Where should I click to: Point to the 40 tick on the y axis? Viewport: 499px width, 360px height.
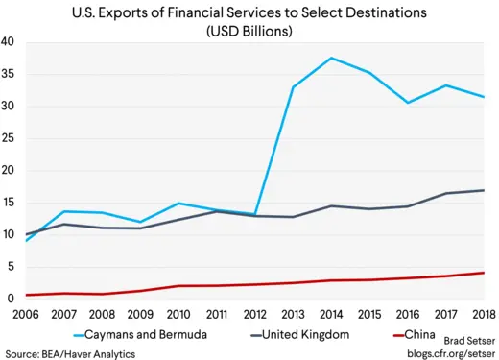point(8,42)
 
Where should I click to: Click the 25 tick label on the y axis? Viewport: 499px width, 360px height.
point(8,138)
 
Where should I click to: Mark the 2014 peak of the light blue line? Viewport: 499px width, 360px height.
point(332,59)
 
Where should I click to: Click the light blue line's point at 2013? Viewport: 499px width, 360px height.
point(294,87)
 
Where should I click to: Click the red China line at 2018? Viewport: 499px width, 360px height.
point(483,273)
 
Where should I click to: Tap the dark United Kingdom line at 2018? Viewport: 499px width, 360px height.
point(483,190)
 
